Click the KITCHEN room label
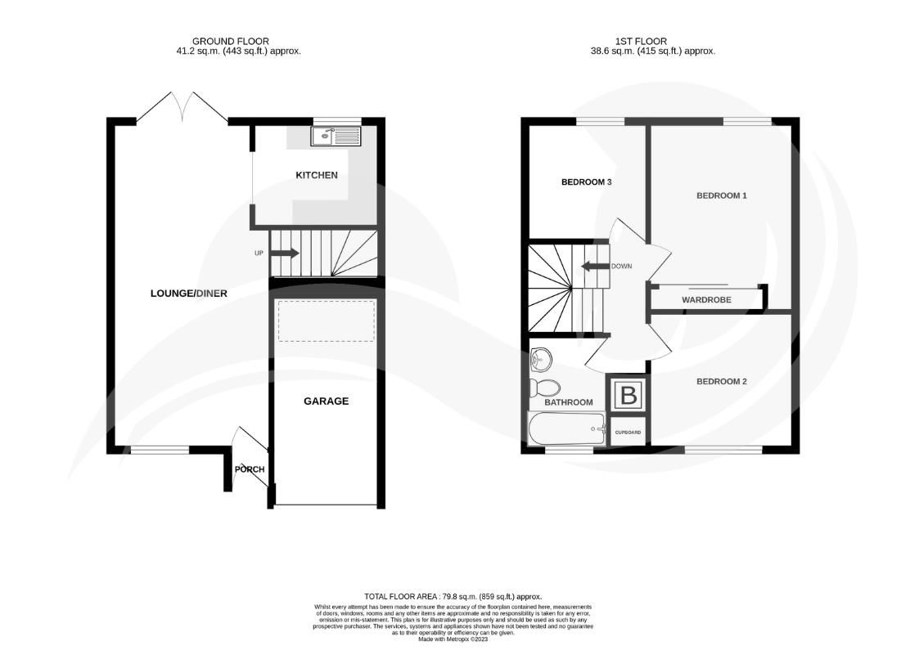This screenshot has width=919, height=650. tap(316, 175)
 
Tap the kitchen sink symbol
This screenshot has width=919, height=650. tap(336, 136)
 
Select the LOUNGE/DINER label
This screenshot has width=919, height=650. tap(189, 294)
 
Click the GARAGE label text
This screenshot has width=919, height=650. tap(326, 401)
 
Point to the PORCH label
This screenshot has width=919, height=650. tap(250, 469)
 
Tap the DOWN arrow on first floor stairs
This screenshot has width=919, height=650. tap(595, 267)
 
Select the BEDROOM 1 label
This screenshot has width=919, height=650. tap(721, 195)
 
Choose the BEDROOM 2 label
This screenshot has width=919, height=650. tap(721, 381)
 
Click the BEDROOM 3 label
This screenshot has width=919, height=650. tap(586, 182)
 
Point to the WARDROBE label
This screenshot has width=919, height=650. tap(706, 300)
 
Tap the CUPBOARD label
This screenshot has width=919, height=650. tap(628, 432)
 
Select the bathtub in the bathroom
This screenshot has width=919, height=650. tap(565, 428)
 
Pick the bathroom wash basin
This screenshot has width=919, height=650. tap(541, 358)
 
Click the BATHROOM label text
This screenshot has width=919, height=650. tap(568, 402)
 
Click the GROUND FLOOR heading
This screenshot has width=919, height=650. tap(230, 41)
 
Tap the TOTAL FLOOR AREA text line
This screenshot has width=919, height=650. tap(453, 597)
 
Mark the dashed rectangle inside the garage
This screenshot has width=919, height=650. tap(326, 321)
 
